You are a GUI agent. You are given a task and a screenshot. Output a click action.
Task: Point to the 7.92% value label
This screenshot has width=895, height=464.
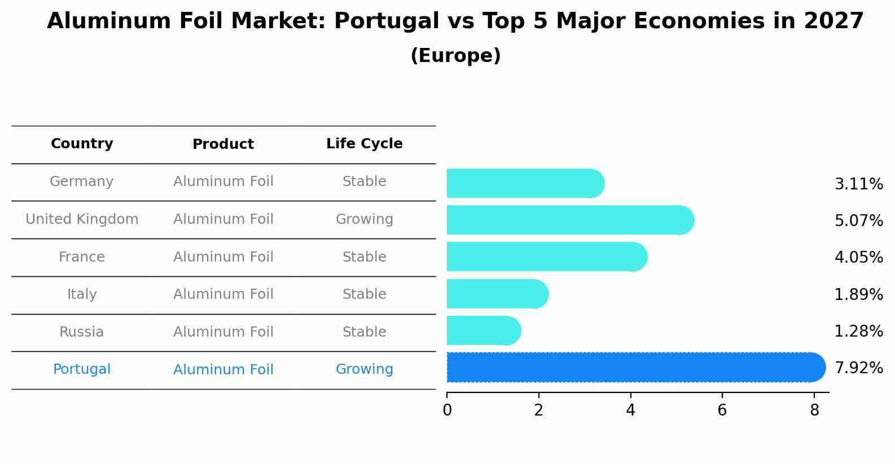pyautogui.click(x=858, y=368)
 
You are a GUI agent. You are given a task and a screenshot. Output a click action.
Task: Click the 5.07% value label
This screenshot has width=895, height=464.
pyautogui.click(x=858, y=220)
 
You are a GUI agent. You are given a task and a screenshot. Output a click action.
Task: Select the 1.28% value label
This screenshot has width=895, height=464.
pyautogui.click(x=858, y=331)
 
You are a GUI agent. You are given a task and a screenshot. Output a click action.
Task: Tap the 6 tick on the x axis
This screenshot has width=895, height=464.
pyautogui.click(x=722, y=410)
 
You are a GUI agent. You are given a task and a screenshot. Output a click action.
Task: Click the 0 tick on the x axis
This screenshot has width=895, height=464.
pyautogui.click(x=447, y=410)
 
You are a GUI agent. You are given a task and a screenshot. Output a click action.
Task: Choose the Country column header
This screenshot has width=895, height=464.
pyautogui.click(x=82, y=144)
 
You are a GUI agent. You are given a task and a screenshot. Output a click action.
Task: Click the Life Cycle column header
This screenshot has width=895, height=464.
pyautogui.click(x=364, y=144)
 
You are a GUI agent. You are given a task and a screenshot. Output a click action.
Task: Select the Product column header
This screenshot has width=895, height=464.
pyautogui.click(x=223, y=144)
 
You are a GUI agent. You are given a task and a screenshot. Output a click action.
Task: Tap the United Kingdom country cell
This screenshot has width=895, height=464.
pyautogui.click(x=82, y=219)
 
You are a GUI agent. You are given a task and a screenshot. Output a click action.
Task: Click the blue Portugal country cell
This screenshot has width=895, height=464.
pyautogui.click(x=82, y=369)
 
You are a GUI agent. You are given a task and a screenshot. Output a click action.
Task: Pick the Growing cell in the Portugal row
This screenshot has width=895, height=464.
pyautogui.click(x=364, y=369)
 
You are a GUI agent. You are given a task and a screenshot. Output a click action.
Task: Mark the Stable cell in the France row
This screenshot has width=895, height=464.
pyautogui.click(x=364, y=257)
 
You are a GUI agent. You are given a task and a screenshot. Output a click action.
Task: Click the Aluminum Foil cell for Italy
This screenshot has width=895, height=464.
pyautogui.click(x=223, y=294)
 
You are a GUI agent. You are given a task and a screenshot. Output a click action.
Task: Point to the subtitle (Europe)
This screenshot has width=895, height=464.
pyautogui.click(x=455, y=56)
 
